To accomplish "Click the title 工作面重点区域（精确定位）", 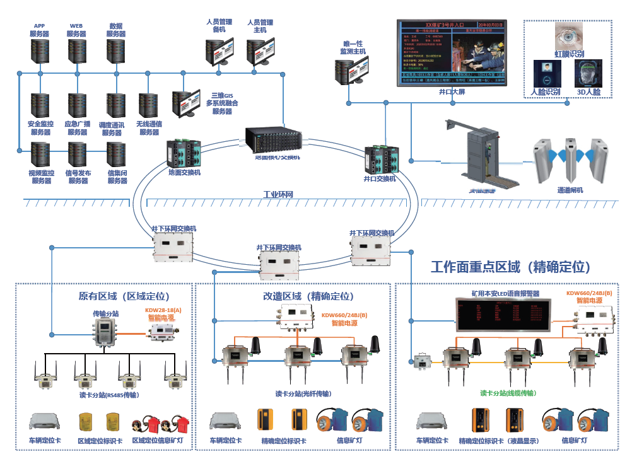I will point(511,267).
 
